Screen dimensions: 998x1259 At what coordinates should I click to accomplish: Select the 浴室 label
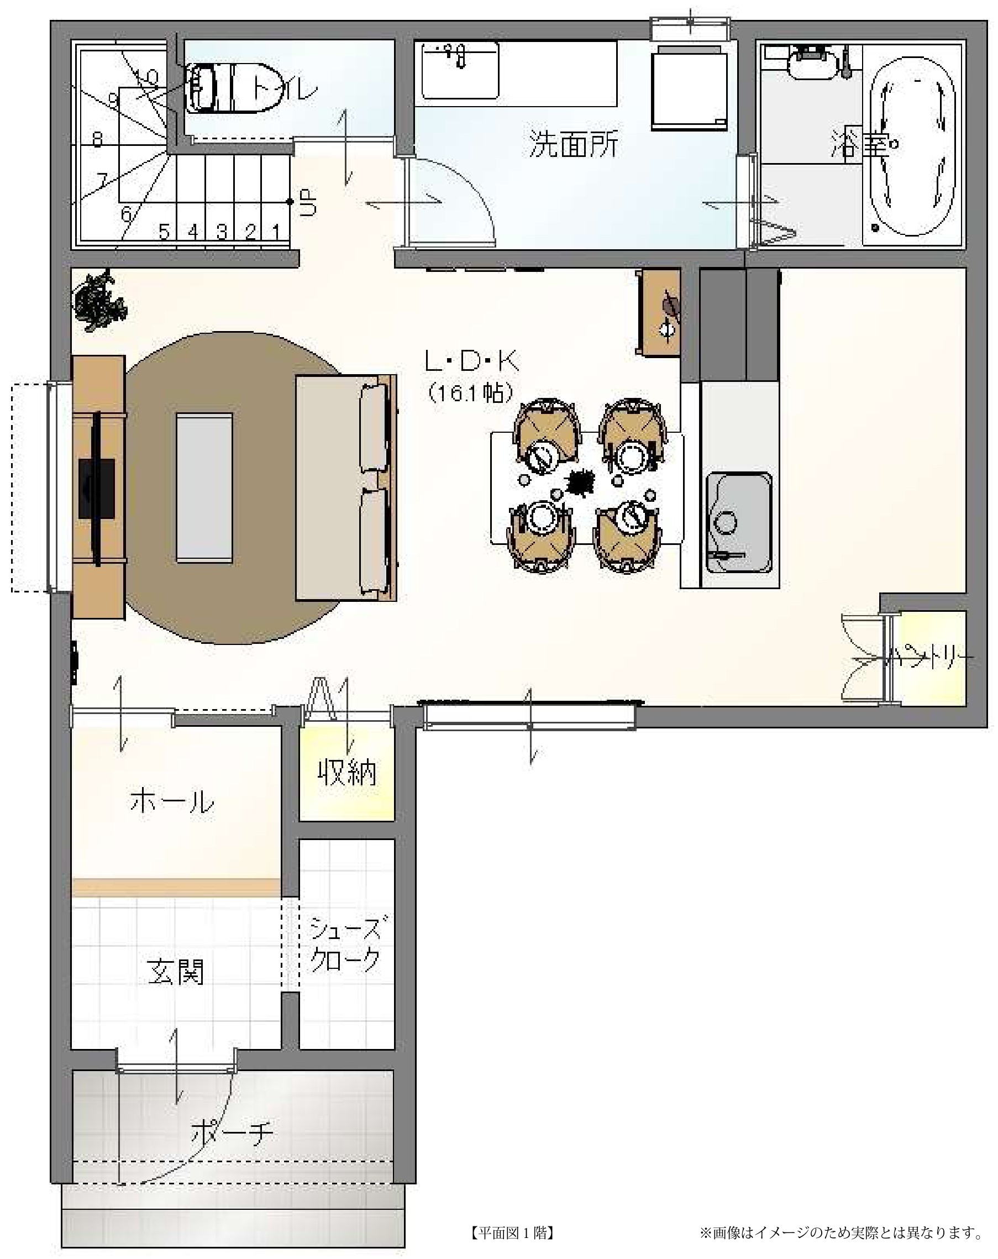860,144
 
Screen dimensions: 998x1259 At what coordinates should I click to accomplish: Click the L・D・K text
471,362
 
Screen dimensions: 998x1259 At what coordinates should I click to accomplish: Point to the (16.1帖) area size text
471,392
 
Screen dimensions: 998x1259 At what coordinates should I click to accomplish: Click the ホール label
172,801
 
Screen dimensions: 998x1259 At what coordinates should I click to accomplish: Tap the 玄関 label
176,972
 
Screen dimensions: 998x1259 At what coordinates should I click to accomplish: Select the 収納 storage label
347,773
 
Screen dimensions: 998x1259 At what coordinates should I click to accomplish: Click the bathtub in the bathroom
912,146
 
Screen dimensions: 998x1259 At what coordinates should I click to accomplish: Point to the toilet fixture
233,89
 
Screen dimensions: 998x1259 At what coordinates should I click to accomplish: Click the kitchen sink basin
739,522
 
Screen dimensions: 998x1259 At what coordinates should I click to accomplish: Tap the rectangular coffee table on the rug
204,488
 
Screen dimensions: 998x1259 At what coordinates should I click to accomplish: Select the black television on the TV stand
96,488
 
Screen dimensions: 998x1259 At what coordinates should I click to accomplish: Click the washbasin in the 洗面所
460,70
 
